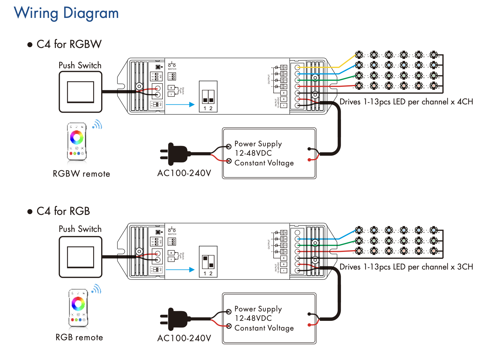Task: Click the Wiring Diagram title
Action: click(66, 13)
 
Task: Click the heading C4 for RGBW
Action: click(69, 44)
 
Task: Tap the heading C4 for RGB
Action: click(63, 211)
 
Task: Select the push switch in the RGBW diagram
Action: click(80, 92)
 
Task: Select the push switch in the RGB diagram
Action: click(80, 257)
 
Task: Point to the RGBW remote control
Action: click(77, 141)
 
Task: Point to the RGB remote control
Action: click(78, 307)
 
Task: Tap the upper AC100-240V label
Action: click(184, 173)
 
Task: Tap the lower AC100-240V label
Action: click(184, 338)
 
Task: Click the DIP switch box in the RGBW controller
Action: click(208, 97)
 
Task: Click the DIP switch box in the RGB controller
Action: click(208, 262)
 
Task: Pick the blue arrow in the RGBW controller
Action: click(180, 104)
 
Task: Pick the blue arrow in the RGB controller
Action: click(180, 270)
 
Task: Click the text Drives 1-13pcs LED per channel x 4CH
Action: click(406, 102)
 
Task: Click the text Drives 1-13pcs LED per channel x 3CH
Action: click(406, 267)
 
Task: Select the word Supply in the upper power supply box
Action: click(270, 144)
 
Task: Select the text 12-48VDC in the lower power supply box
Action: click(253, 318)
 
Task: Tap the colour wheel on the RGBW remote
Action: click(77, 138)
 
